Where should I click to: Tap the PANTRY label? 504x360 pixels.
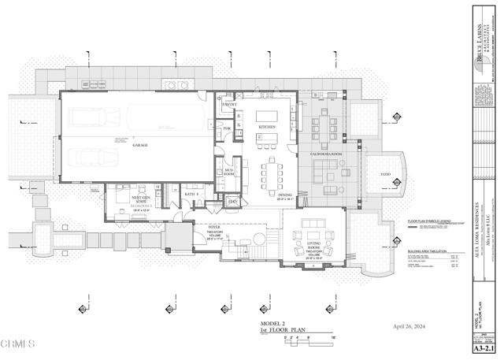(x=230, y=104)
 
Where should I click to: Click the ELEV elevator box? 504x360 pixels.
(x=233, y=202)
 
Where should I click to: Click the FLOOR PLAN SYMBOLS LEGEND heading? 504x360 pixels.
(x=429, y=222)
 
